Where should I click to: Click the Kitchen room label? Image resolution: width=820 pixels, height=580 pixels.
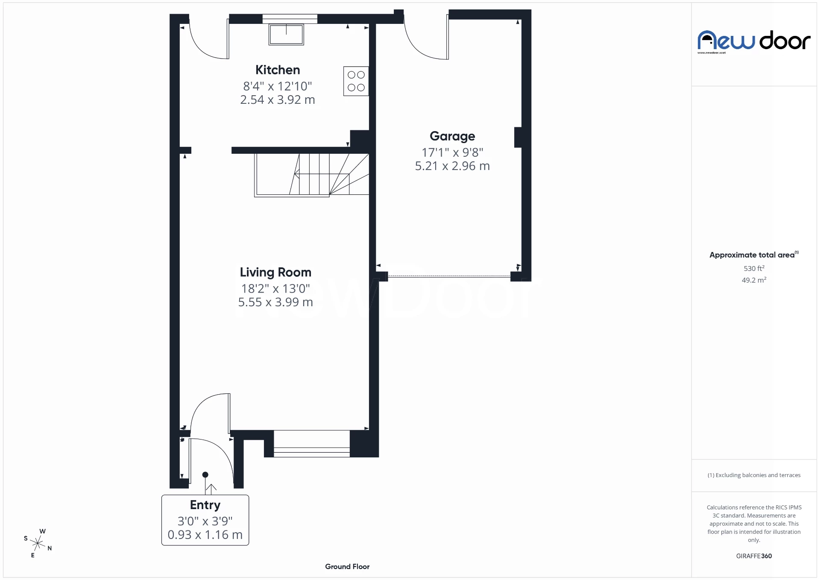278,70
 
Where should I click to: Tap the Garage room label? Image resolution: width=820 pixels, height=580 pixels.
452,136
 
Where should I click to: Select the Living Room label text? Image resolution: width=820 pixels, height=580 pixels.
275,272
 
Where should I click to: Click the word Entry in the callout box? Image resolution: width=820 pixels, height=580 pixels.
205,505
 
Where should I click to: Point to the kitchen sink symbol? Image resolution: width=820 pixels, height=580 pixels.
286,35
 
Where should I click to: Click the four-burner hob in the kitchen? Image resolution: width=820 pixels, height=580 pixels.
356,81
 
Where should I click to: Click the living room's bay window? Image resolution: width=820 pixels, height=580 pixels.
311,444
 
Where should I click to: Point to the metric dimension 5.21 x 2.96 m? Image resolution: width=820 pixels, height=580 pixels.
452,166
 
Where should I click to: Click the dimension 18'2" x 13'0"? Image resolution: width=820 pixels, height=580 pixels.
275,289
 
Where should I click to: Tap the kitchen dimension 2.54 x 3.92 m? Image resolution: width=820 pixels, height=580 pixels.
278,100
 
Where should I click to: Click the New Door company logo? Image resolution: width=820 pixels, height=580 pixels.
754,41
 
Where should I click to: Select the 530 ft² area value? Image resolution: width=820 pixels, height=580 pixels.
754,269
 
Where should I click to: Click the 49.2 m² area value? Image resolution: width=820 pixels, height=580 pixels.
754,280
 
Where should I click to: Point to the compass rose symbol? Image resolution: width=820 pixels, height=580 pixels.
38,543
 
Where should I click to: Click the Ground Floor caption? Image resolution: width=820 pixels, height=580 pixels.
347,567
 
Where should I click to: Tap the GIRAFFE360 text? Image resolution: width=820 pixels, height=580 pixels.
754,556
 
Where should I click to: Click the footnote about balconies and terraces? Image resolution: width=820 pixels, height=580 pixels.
754,475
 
